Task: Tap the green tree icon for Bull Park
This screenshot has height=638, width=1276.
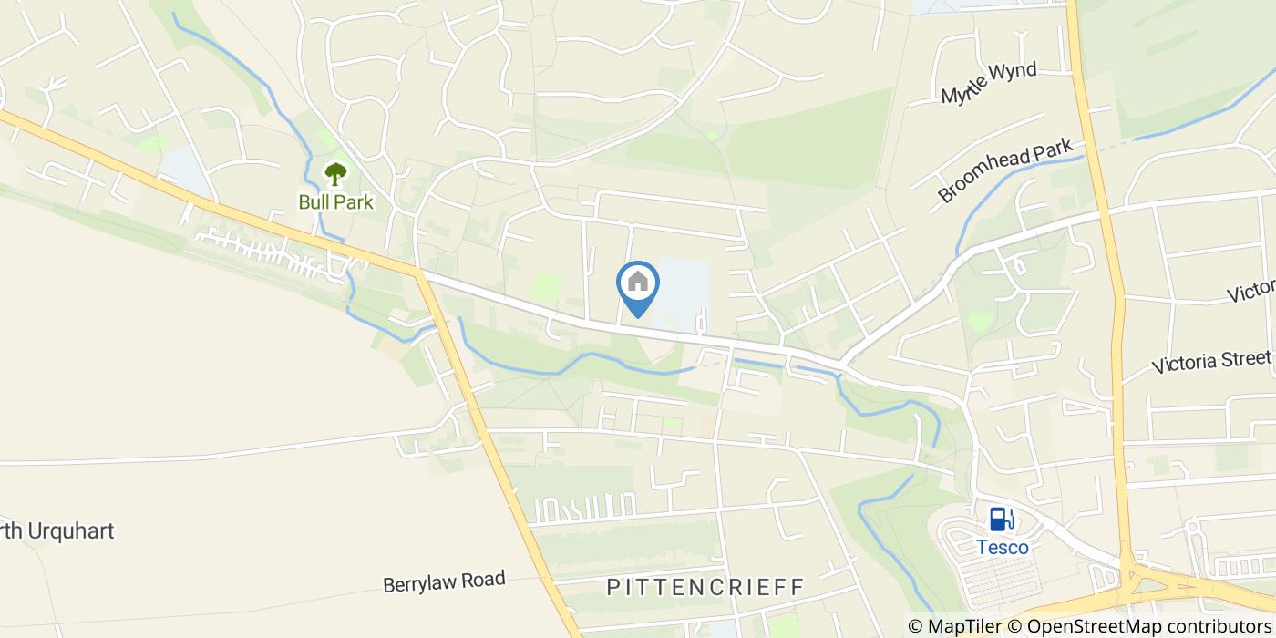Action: (x=336, y=173)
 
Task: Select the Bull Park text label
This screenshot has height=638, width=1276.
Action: (x=336, y=201)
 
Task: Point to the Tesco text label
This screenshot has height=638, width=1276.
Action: (x=1003, y=547)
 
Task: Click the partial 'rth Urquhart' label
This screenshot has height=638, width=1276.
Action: (x=57, y=530)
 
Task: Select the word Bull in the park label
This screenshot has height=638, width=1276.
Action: (x=314, y=201)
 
